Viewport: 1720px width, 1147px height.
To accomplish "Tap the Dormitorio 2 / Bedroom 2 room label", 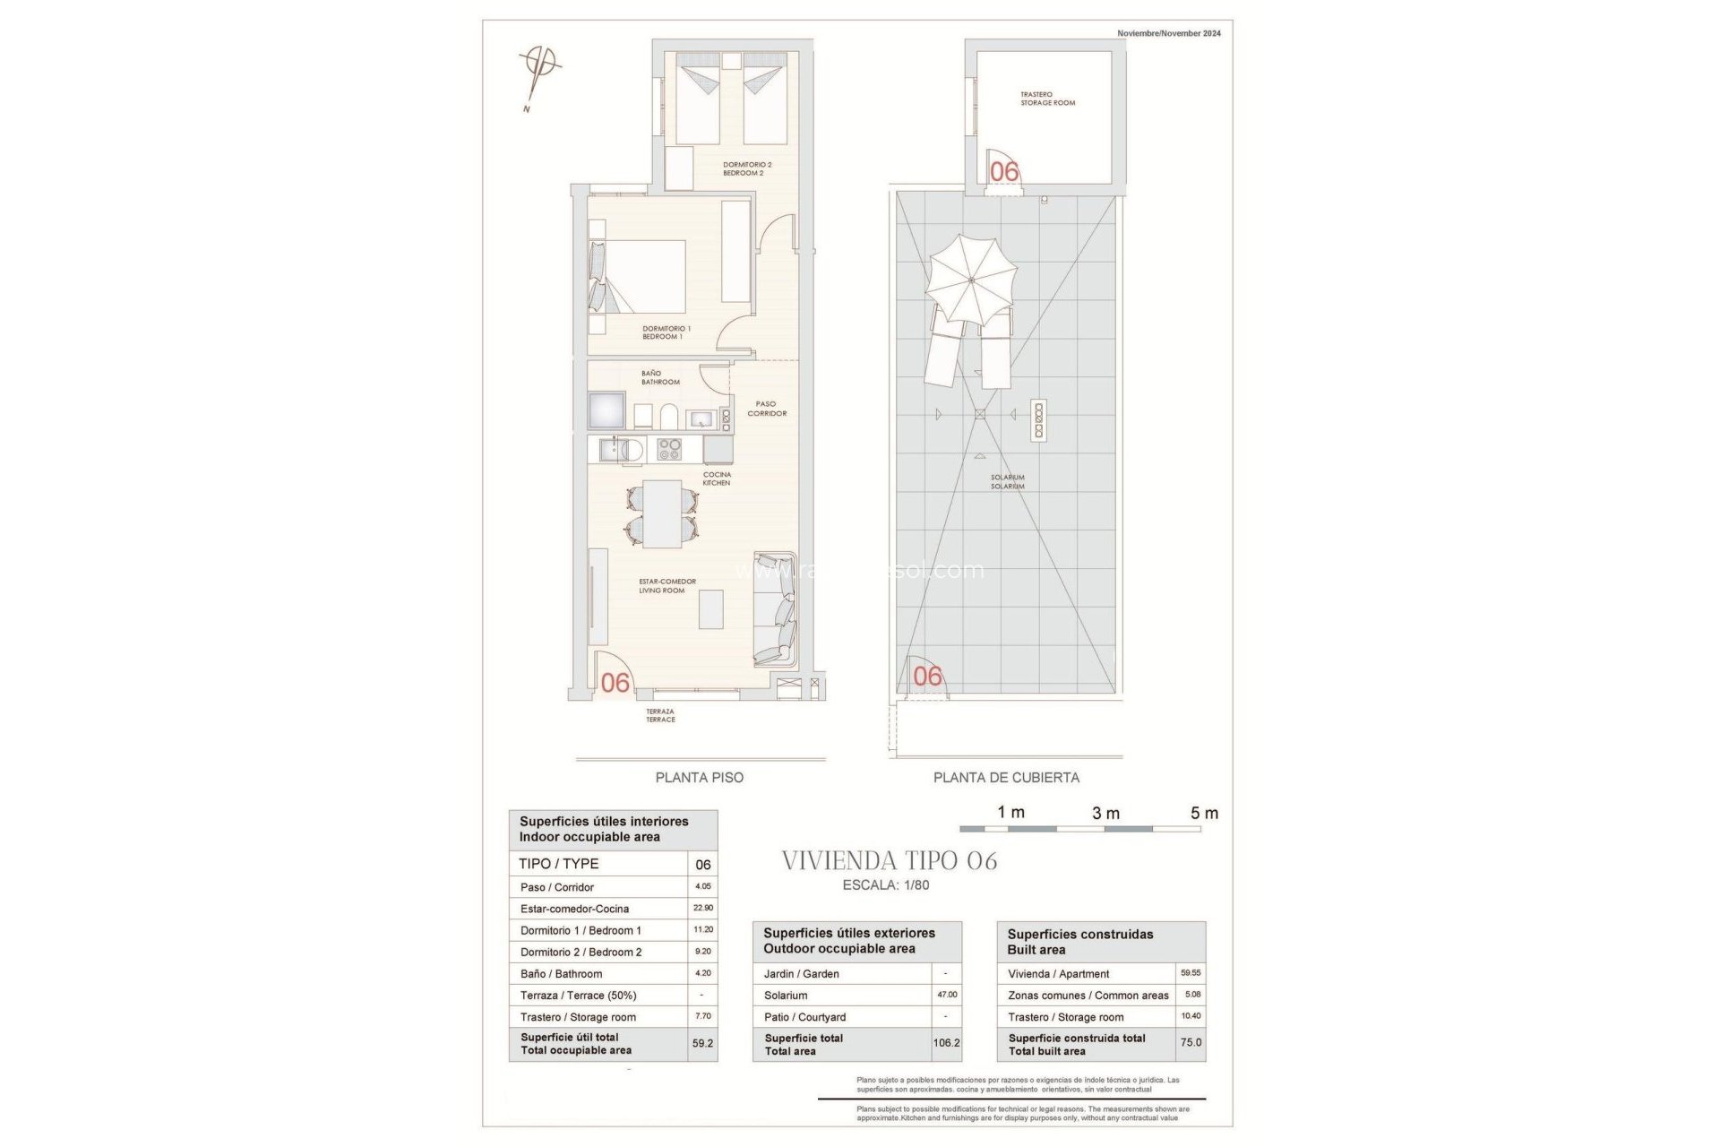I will pos(746,168).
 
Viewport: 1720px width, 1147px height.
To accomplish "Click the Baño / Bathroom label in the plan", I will pos(659,377).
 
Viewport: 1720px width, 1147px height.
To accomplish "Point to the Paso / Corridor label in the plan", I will pos(767,409).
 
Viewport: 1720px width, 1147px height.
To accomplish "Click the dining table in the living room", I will pos(662,513).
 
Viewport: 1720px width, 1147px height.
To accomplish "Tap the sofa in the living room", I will pos(775,609).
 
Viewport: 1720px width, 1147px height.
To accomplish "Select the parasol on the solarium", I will pos(972,280).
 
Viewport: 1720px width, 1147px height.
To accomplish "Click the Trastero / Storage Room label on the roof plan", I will pos(1047,99).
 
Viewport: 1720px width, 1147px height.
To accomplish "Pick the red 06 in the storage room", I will pos(1004,171).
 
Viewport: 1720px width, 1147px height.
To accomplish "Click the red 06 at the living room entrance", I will pos(615,683).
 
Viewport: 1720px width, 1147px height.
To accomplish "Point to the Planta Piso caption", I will pos(699,778).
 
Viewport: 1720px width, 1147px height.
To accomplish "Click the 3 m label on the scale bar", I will pos(1105,813).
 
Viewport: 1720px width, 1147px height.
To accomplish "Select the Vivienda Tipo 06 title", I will pos(889,861).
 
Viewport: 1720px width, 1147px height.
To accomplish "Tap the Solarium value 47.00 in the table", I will pos(947,995).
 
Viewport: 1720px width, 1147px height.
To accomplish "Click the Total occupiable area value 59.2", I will pos(702,1043).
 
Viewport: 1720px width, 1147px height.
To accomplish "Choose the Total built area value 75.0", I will pos(1191,1043).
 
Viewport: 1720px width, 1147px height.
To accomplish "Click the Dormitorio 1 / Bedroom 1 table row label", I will pos(580,930).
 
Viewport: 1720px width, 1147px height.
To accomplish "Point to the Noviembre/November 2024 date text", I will pos(1168,33).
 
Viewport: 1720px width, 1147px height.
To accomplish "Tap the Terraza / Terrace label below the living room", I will pos(660,715).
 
